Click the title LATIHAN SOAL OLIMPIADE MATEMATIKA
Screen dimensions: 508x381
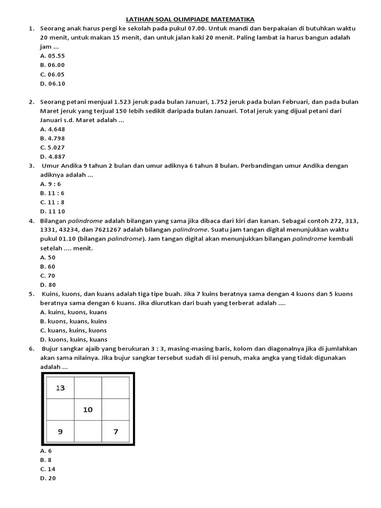[190, 19]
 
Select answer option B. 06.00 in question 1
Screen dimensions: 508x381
[53, 65]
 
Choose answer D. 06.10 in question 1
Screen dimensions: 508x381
[53, 83]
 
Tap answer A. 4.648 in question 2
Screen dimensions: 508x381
[53, 129]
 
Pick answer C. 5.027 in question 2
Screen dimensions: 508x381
[53, 147]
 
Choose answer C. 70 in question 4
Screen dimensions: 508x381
[48, 275]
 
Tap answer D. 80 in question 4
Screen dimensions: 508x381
[48, 285]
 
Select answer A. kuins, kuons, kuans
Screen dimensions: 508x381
[73, 312]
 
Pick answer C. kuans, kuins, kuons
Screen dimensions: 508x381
[73, 330]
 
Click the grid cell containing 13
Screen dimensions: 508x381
[60, 388]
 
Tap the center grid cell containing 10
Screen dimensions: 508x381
[88, 410]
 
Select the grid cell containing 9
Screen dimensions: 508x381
[60, 432]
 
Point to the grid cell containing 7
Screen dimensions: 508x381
[116, 432]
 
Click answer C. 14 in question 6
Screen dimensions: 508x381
[48, 469]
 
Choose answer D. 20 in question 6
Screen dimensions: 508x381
[48, 478]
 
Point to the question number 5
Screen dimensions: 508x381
[31, 294]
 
